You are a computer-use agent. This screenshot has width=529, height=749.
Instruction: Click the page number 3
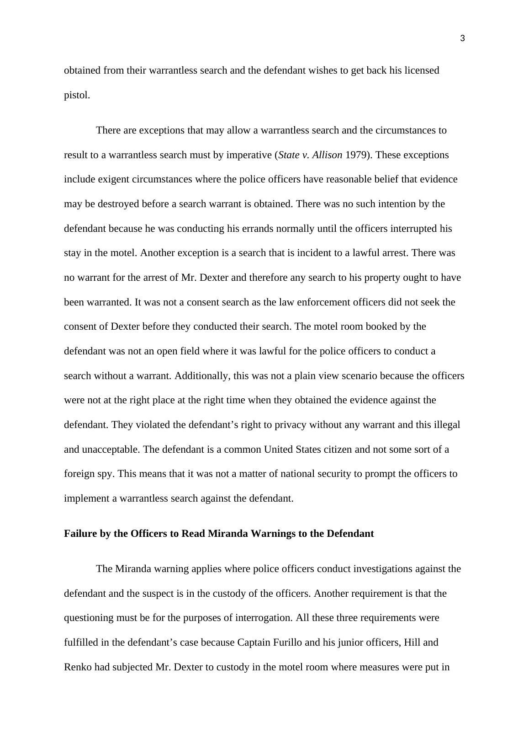tap(462, 39)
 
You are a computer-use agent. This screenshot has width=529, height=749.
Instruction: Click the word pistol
tap(76, 96)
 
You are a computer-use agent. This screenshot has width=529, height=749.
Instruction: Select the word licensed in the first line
tap(422, 70)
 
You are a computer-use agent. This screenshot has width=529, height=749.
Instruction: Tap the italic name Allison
tap(327, 155)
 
